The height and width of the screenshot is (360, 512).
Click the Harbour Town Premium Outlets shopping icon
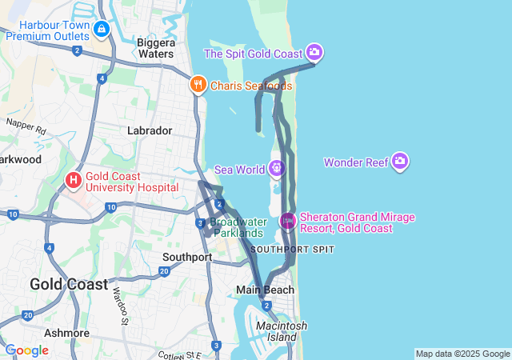[x=102, y=30]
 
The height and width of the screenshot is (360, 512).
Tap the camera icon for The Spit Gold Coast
[x=314, y=53]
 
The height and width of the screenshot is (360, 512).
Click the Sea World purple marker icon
[x=276, y=168]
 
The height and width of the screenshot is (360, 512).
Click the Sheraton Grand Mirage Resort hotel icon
[x=287, y=221]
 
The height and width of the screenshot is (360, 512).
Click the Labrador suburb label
[x=150, y=130]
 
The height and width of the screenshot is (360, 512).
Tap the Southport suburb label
[x=187, y=258]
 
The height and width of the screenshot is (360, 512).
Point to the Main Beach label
[x=265, y=290]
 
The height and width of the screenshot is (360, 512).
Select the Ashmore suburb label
[x=67, y=333]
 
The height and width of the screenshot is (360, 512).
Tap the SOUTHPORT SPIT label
[x=292, y=250]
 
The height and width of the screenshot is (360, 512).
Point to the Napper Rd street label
[x=26, y=126]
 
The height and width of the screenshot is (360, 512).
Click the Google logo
[x=26, y=350]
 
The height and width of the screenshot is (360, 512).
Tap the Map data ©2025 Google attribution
[x=462, y=354]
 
